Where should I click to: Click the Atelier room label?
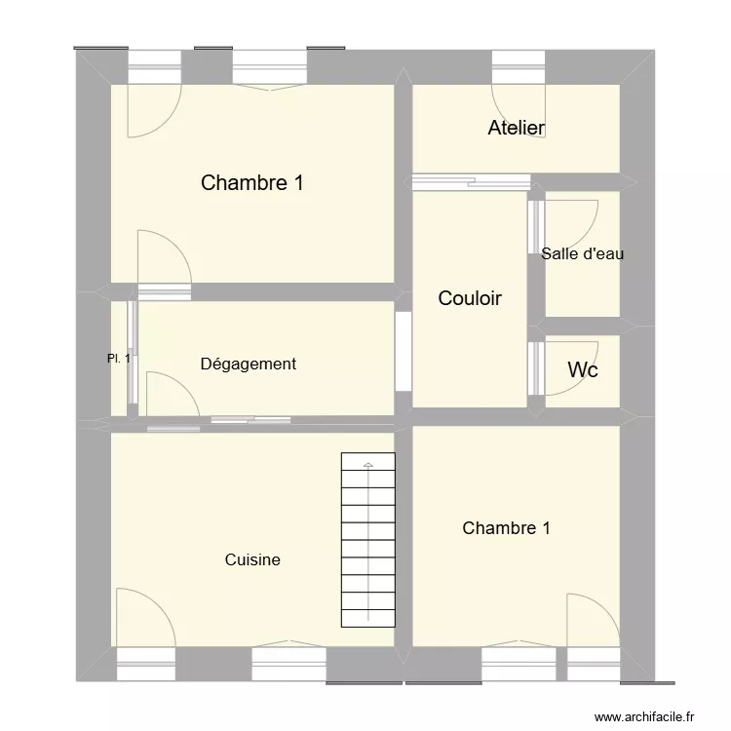pyautogui.click(x=516, y=128)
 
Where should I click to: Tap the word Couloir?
pyautogui.click(x=470, y=298)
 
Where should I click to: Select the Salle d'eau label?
pyautogui.click(x=582, y=253)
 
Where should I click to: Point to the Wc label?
pyautogui.click(x=582, y=370)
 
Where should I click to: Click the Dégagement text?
pyautogui.click(x=248, y=364)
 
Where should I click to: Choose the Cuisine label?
pyautogui.click(x=252, y=559)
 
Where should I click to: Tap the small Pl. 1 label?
pyautogui.click(x=119, y=359)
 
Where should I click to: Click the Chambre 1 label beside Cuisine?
pyautogui.click(x=506, y=528)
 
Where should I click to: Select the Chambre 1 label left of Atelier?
pyautogui.click(x=251, y=182)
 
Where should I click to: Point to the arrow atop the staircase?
pyautogui.click(x=367, y=466)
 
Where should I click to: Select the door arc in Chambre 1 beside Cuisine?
pyautogui.click(x=588, y=618)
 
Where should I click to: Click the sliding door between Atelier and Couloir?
pyautogui.click(x=444, y=179)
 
